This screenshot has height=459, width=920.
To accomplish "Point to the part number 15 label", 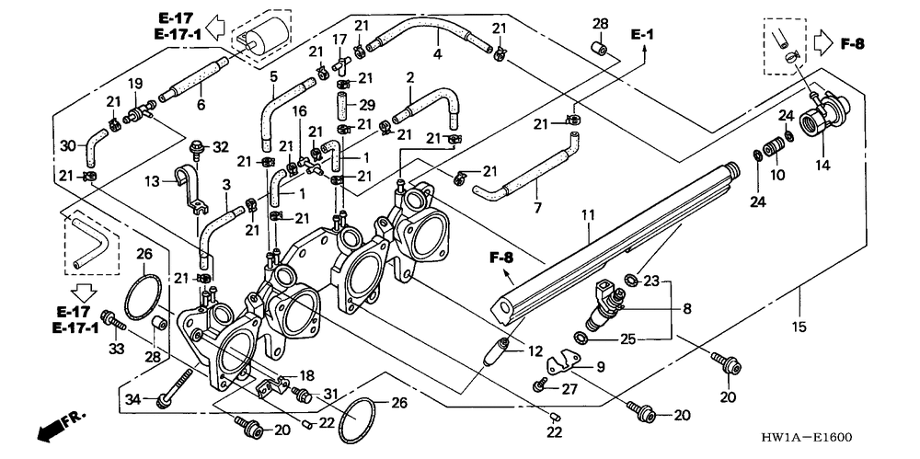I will pyautogui.click(x=799, y=327).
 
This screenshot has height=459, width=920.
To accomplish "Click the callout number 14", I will pyautogui.click(x=822, y=166).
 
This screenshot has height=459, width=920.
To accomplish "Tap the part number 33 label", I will pyautogui.click(x=116, y=349).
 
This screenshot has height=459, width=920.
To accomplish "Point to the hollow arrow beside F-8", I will pyautogui.click(x=823, y=43).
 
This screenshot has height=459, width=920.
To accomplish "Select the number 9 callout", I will pyautogui.click(x=600, y=366).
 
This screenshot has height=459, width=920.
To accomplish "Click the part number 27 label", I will pyautogui.click(x=570, y=388).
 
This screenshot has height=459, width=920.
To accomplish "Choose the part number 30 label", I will pyautogui.click(x=67, y=145).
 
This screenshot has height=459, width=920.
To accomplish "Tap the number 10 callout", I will pyautogui.click(x=777, y=174).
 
